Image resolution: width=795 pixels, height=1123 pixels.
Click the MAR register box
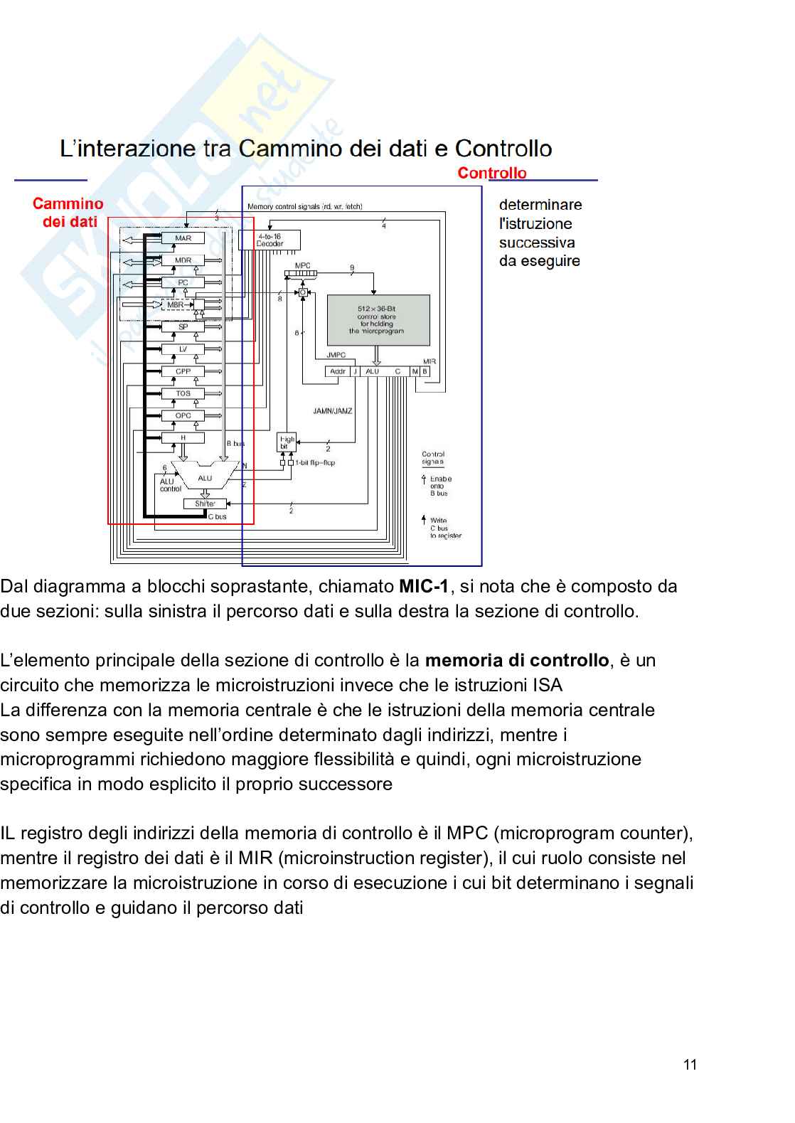click(x=183, y=238)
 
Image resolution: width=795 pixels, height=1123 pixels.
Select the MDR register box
click(x=183, y=260)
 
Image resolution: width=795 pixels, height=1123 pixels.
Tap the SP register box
click(x=183, y=327)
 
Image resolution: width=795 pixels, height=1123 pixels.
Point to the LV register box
click(x=183, y=349)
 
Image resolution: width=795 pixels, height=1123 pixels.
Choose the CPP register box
click(x=183, y=371)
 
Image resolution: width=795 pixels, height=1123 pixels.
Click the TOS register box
click(x=183, y=393)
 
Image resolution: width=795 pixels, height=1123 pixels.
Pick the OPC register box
click(x=183, y=415)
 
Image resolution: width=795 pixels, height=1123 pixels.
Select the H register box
click(x=183, y=438)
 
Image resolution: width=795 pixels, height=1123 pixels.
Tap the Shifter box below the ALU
click(x=205, y=504)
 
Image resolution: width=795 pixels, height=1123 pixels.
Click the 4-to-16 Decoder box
click(x=270, y=240)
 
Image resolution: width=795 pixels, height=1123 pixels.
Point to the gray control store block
click(x=378, y=320)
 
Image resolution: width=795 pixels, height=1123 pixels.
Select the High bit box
click(x=286, y=442)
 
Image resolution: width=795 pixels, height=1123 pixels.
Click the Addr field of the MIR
click(x=338, y=371)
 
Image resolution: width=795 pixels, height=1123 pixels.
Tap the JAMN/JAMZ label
click(x=333, y=411)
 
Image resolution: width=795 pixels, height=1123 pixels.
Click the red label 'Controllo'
click(x=492, y=173)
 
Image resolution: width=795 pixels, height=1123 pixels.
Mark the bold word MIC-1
click(x=424, y=587)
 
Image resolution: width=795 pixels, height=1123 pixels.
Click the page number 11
click(x=690, y=1065)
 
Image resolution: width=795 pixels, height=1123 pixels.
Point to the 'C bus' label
click(x=218, y=516)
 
